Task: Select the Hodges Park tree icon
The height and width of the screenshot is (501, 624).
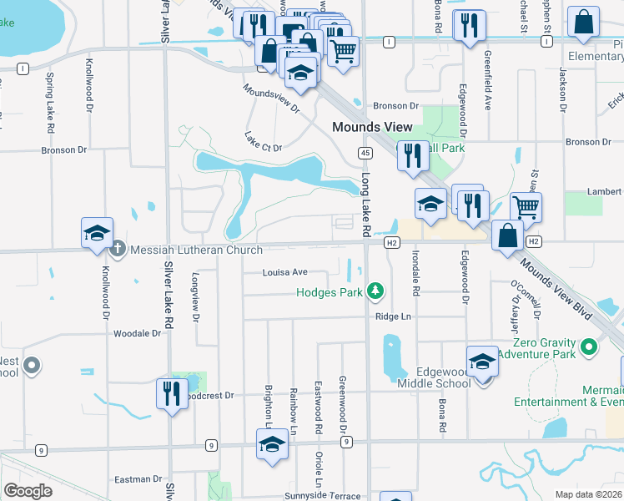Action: pos(376,291)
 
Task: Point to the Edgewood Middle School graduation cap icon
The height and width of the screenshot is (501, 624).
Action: pos(481,362)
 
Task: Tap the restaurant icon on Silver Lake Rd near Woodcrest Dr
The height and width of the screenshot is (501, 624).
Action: pos(172,392)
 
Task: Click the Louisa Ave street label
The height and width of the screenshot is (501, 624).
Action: pos(285,272)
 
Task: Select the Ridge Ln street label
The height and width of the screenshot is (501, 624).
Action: pos(394,317)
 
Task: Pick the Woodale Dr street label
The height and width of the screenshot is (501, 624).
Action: pos(137,333)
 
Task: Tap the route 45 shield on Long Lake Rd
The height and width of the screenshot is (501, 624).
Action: pos(365,153)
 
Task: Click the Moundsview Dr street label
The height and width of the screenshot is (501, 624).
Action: pos(271,99)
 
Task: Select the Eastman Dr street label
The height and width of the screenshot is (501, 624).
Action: pos(138,479)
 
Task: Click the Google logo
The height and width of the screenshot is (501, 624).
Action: pos(28,491)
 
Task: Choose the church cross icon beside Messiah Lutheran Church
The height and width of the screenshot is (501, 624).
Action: pos(118,249)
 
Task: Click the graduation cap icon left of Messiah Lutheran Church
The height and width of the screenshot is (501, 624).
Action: pos(97,233)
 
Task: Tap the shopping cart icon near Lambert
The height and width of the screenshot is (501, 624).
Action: pos(525,206)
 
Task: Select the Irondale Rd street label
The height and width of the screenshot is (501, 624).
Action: pos(415,276)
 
